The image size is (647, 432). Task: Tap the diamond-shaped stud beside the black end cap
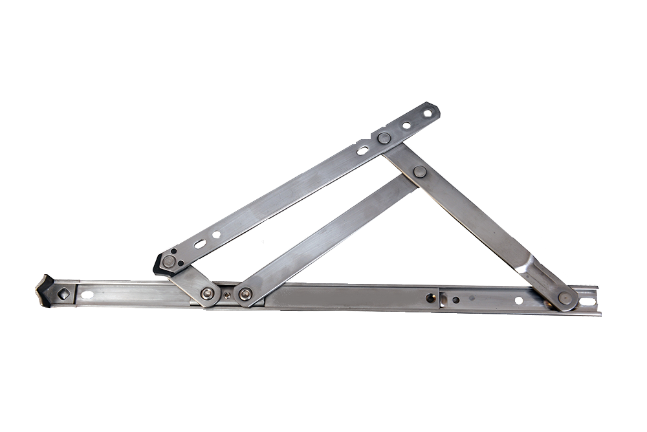64,293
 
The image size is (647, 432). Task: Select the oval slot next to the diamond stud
87,295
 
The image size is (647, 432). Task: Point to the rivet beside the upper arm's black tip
169,261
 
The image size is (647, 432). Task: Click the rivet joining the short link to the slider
208,294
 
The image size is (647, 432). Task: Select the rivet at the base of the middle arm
244,296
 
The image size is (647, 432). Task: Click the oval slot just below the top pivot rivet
363,150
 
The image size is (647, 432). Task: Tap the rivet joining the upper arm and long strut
384,138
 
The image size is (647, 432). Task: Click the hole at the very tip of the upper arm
427,114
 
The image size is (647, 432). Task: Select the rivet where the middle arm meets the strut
420,171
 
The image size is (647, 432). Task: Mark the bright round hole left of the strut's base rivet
518,300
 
